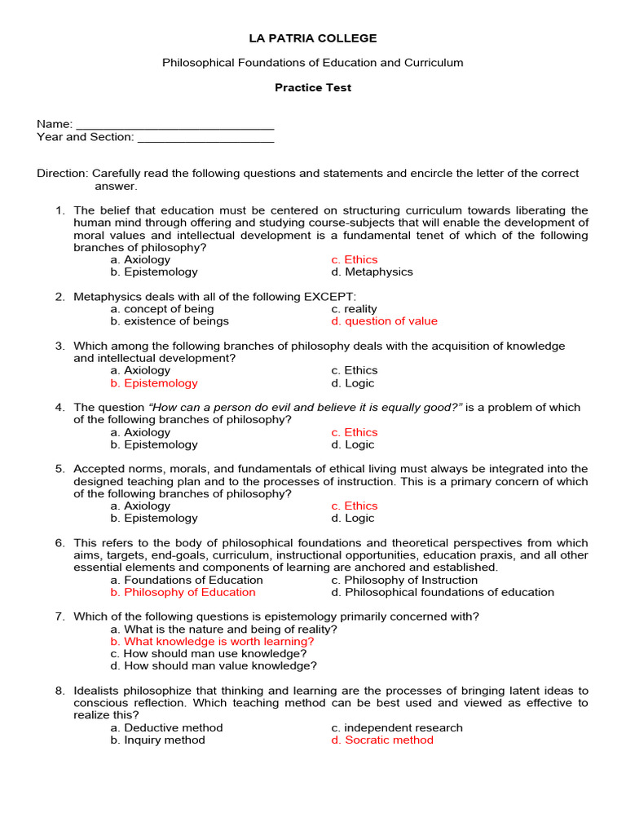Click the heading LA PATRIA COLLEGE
[313, 38]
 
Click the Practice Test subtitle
[313, 87]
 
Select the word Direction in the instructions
[61, 174]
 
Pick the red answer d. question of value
[384, 321]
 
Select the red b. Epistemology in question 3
[154, 383]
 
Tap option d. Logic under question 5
[353, 519]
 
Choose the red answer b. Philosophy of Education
[183, 593]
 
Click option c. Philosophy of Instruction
[404, 581]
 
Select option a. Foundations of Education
[187, 581]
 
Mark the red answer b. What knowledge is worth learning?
[212, 642]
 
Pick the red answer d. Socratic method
[382, 740]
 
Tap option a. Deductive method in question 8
[166, 728]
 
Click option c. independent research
[397, 728]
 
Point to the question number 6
[60, 543]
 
